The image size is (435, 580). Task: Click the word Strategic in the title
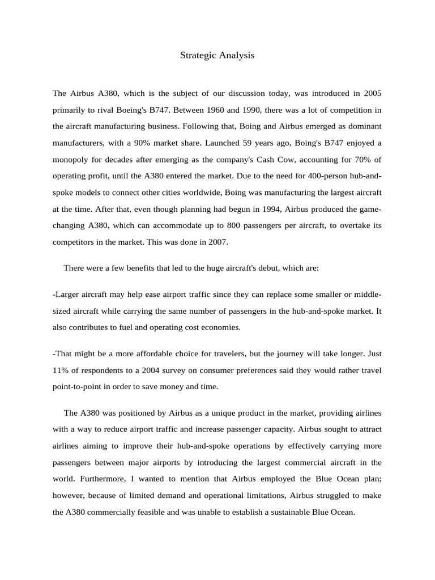196,55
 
